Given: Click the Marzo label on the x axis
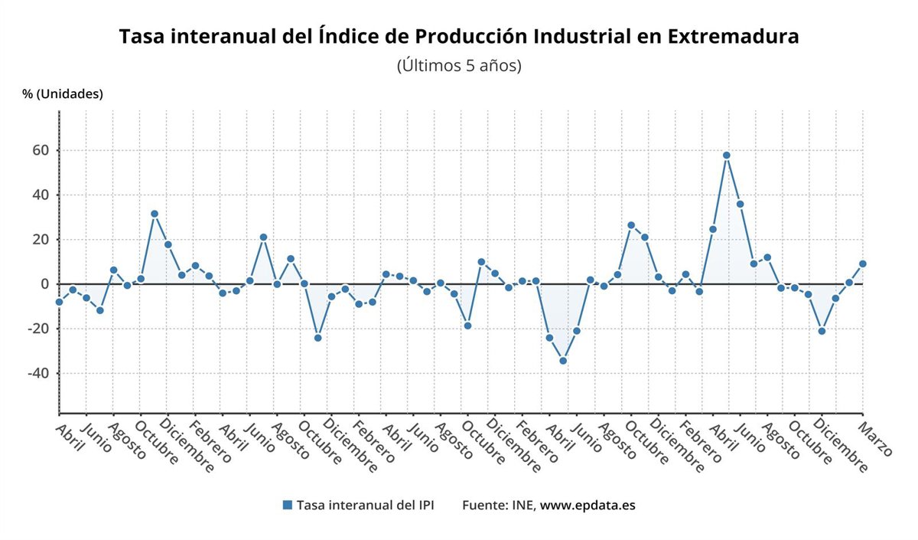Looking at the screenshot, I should point(876,437).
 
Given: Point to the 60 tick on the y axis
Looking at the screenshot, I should point(40,151).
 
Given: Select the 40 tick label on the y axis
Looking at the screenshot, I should point(40,195).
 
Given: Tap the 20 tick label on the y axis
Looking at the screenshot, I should point(40,240).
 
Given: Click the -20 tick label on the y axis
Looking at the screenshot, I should point(37,329).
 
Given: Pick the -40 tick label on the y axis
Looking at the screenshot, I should point(37,373).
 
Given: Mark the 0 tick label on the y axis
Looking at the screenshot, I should point(44,284).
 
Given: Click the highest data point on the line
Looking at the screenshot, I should point(726,155).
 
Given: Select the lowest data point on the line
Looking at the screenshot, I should point(563,361).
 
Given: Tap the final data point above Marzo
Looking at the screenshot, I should point(863,263).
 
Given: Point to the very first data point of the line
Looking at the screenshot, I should point(59,302).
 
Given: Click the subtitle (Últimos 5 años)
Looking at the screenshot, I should point(459,66).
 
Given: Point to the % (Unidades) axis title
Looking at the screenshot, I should point(63,94).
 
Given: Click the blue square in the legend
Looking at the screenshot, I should point(288,505).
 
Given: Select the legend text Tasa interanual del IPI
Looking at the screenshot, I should point(366,506).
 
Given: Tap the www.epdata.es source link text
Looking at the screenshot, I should point(588,506).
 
